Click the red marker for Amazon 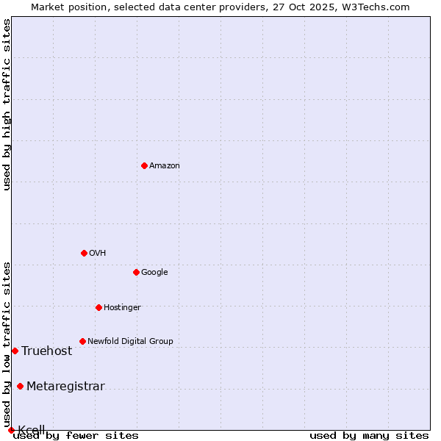(144, 165)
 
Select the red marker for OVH (84, 253)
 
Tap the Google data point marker (136, 272)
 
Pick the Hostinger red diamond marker (98, 307)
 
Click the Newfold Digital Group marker (82, 341)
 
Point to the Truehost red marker (15, 351)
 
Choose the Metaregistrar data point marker (20, 386)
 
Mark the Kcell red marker (11, 430)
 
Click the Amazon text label (165, 166)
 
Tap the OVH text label (98, 254)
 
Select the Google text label (154, 273)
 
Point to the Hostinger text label (122, 308)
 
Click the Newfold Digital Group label (130, 342)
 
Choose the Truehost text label (47, 351)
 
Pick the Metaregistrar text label (65, 387)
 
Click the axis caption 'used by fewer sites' (76, 436)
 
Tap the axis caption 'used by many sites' (369, 436)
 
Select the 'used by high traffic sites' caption (7, 104)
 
